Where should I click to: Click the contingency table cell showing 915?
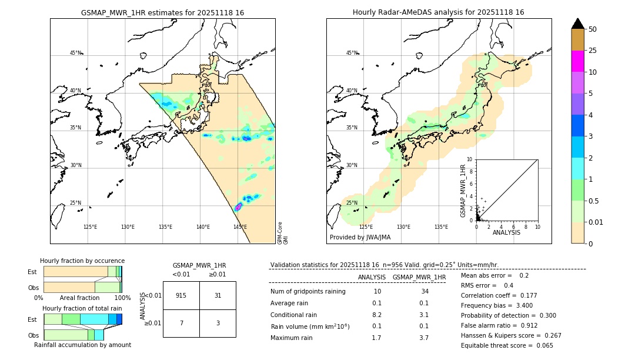click(x=181, y=295)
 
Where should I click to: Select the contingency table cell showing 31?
click(x=218, y=295)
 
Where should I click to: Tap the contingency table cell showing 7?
click(x=181, y=324)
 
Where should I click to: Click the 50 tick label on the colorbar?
click(x=593, y=29)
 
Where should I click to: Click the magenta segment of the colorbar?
click(x=578, y=61)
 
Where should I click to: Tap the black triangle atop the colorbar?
click(x=578, y=24)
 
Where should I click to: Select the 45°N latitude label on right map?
click(x=352, y=53)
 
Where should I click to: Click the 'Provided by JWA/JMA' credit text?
click(x=360, y=238)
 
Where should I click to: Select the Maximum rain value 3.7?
click(x=423, y=338)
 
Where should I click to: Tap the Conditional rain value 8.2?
click(x=377, y=315)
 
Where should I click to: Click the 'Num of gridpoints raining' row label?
click(x=308, y=292)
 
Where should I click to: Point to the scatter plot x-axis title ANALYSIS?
click(x=506, y=232)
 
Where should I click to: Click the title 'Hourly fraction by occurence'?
click(x=82, y=261)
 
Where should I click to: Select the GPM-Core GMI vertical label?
click(x=282, y=232)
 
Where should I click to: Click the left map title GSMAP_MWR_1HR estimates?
click(x=162, y=12)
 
